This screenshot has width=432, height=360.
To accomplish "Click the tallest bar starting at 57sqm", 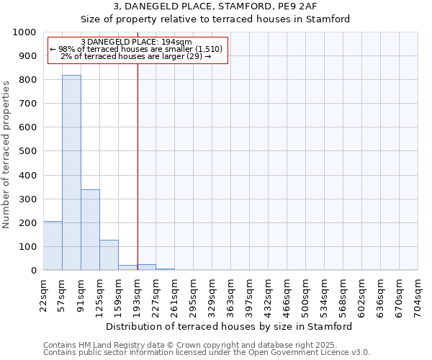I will (71, 173).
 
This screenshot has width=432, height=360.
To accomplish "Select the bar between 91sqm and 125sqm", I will (90, 230).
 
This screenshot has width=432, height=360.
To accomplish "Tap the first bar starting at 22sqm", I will (53, 246).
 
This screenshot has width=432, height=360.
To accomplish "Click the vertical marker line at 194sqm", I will (138, 166).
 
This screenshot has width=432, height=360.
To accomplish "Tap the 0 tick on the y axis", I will (34, 271).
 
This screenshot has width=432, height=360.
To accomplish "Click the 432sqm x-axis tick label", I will (269, 294).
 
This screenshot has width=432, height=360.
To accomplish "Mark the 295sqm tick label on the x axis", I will (194, 294).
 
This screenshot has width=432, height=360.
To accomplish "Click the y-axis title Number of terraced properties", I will (6, 154).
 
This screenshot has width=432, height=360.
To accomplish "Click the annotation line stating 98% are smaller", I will (137, 49).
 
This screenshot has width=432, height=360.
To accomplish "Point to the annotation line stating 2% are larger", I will (137, 56).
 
